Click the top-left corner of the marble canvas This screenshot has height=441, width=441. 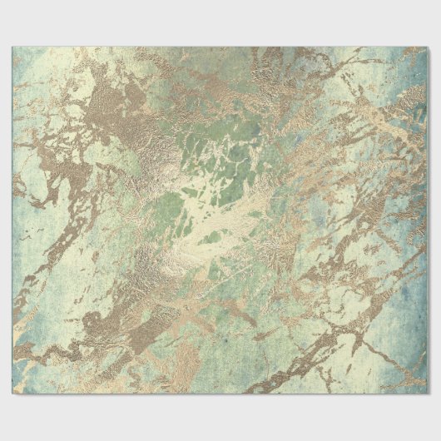click(12, 47)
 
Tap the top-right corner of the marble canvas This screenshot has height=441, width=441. click(429, 47)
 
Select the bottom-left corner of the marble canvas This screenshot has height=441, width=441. click(12, 394)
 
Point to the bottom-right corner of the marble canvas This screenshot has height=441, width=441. click(429, 394)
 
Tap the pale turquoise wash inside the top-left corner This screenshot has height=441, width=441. click(33, 67)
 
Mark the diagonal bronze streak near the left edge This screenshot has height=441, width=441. click(42, 250)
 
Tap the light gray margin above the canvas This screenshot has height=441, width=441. click(220, 22)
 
